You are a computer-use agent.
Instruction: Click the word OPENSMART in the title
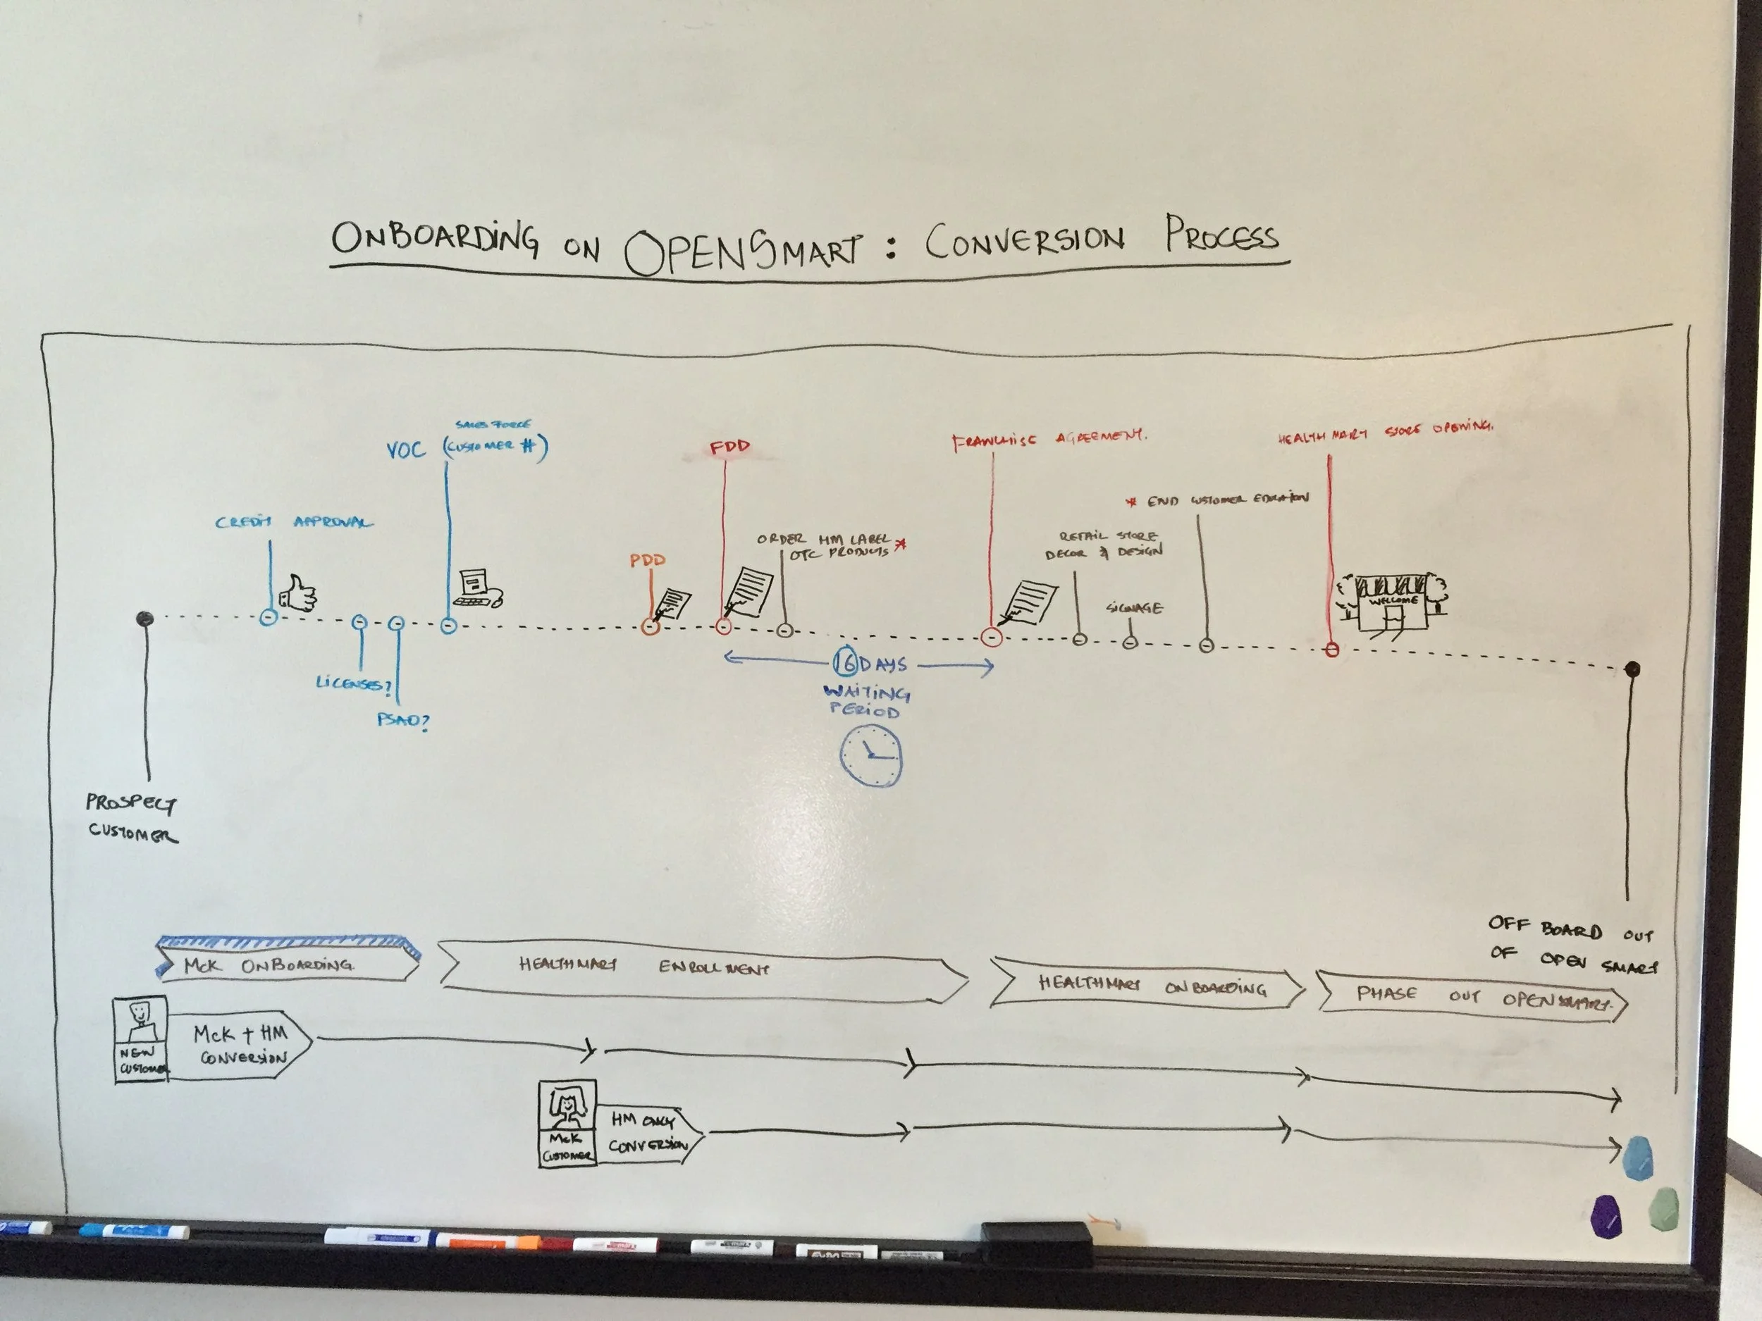pyautogui.click(x=742, y=249)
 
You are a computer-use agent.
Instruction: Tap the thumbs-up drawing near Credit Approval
pyautogui.click(x=299, y=594)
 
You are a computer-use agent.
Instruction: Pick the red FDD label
pyautogui.click(x=729, y=447)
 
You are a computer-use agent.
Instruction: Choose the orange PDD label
pyautogui.click(x=647, y=560)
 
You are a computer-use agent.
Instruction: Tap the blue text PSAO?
pyautogui.click(x=402, y=721)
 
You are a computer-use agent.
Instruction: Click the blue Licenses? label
pyautogui.click(x=353, y=683)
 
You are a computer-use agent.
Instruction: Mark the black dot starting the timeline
pyautogui.click(x=144, y=618)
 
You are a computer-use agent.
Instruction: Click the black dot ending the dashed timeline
pyautogui.click(x=1632, y=669)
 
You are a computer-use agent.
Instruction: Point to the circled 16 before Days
pyautogui.click(x=845, y=662)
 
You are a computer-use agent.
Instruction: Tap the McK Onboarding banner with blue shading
pyautogui.click(x=287, y=960)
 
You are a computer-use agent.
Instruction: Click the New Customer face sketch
pyautogui.click(x=140, y=1019)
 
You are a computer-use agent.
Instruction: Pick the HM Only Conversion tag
pyautogui.click(x=648, y=1132)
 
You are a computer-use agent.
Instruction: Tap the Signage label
pyautogui.click(x=1133, y=608)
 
